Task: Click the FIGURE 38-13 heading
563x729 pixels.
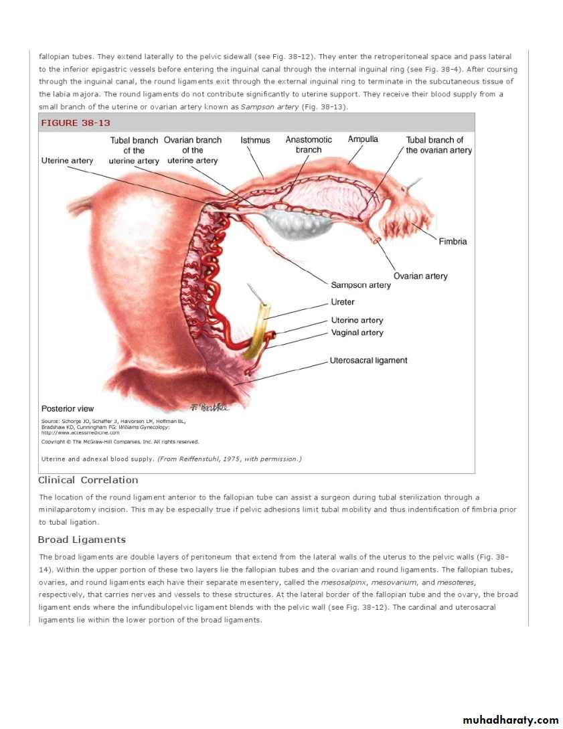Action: [76, 123]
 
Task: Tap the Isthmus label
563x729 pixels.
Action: [255, 140]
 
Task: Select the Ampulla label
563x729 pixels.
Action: [363, 139]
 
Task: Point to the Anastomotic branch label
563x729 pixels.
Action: [309, 145]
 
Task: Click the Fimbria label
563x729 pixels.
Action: [453, 241]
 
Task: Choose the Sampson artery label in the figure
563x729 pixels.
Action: [361, 285]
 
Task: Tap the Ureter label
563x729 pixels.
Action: [343, 302]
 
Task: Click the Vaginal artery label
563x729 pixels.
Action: [357, 333]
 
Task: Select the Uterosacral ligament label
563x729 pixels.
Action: [368, 360]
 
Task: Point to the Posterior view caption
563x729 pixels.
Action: [68, 408]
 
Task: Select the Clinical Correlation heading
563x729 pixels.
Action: [88, 480]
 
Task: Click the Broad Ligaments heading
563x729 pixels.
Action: [82, 540]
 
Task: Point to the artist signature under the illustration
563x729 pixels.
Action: [210, 407]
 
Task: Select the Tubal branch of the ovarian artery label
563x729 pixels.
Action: [438, 145]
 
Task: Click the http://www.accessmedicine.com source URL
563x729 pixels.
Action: [76, 432]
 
